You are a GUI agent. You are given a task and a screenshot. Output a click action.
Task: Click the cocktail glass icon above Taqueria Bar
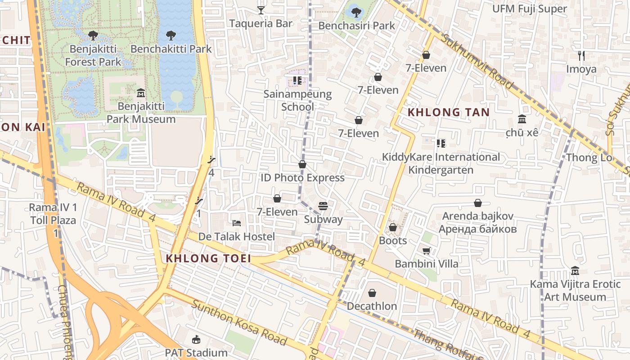pos(261,10)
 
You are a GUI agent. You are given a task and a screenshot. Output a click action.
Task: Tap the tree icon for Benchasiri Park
pos(356,12)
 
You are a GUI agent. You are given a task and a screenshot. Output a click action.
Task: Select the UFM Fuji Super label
pos(529,9)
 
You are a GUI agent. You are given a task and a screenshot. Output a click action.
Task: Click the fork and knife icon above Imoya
pos(581,56)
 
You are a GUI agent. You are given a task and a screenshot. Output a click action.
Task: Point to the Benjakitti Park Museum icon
pos(141,93)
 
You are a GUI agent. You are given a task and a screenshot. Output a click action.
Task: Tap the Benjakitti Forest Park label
pos(93,55)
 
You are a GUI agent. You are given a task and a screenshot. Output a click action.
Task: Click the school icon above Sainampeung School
pos(297,81)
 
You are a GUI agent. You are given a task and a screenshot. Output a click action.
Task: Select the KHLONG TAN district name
pos(448,112)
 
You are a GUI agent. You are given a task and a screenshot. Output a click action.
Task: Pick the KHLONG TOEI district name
pos(208,258)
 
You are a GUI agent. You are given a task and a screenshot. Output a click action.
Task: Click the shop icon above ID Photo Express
pos(302,164)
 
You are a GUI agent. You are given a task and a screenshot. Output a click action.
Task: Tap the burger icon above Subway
pos(323,206)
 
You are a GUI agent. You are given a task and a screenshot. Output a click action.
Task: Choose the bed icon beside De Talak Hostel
pos(237,223)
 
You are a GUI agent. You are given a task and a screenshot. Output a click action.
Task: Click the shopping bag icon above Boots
pos(392,227)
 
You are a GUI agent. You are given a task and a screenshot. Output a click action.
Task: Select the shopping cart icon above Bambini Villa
pos(426,250)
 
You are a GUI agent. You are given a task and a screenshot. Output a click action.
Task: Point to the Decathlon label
pos(372,306)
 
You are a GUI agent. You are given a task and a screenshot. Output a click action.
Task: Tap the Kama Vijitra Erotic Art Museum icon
pos(575,271)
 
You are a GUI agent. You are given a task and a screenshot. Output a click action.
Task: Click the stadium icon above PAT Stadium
pos(196,340)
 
